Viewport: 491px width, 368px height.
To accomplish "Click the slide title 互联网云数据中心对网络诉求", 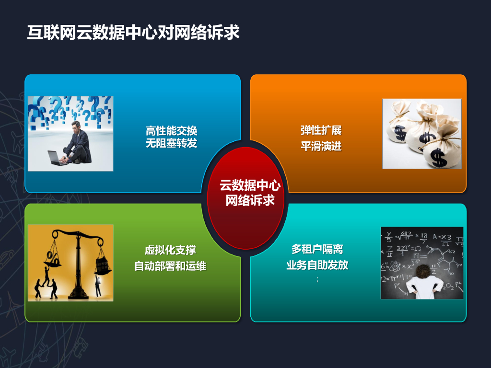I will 133,33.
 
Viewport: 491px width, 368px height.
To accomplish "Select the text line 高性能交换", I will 171,131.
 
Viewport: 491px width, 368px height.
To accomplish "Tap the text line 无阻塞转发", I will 171,143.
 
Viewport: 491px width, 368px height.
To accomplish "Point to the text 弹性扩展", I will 321,131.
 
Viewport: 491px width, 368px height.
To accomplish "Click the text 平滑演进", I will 321,146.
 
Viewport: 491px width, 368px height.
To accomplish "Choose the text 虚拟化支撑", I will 170,250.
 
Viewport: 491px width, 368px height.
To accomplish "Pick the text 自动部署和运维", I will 170,265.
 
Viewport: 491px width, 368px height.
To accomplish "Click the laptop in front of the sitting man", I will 58,158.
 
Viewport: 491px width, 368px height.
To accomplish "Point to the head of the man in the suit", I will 76,126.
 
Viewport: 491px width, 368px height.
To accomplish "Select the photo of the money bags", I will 421,134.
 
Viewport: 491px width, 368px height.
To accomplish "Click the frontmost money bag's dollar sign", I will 438,157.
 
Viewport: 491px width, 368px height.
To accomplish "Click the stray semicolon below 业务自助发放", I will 317,279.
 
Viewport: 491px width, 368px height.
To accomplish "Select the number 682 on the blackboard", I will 406,234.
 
